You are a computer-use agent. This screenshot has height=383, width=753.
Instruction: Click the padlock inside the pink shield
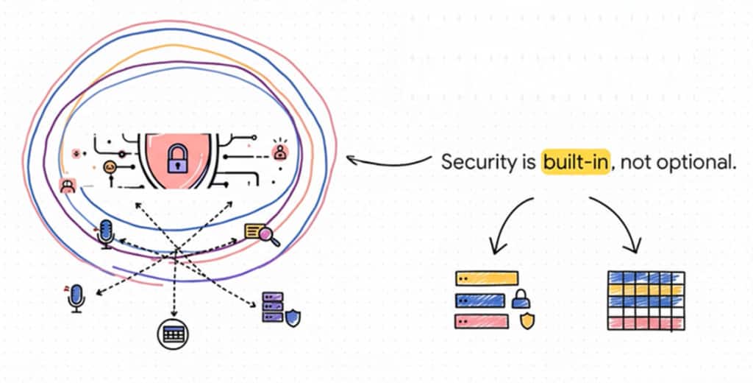[176, 159]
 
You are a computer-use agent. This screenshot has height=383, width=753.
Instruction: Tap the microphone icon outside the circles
[76, 297]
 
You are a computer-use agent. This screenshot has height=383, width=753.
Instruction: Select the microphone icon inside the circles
[107, 232]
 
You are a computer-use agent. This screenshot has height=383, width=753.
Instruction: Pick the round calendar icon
[174, 334]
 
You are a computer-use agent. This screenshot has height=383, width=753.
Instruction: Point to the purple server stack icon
[273, 309]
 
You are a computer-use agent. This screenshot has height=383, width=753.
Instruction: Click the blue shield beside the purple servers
[293, 318]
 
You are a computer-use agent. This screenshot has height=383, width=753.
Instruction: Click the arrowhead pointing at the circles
[351, 158]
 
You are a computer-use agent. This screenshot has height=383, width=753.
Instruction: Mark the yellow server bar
[486, 278]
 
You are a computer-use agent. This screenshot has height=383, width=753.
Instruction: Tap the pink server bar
[482, 321]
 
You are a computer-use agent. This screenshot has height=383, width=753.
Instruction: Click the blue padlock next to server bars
[521, 299]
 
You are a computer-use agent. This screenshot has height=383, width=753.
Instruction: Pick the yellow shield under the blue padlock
[527, 320]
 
